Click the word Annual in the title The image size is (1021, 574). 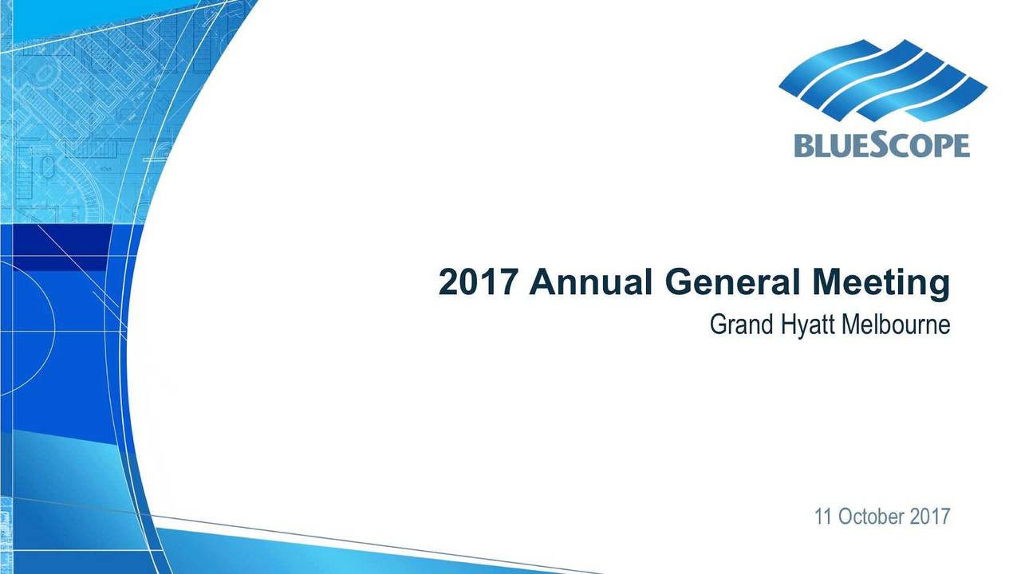coord(590,282)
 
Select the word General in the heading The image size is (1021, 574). coord(732,282)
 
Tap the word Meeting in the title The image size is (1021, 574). coord(881,285)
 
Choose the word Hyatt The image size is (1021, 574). coord(807,326)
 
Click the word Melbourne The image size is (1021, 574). coord(896,324)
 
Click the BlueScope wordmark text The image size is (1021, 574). coord(882,144)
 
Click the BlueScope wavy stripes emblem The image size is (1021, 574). coord(883,81)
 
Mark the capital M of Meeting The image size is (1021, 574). coord(828,282)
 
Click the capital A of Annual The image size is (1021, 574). coord(542,282)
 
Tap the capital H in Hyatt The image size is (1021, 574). coord(788,324)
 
